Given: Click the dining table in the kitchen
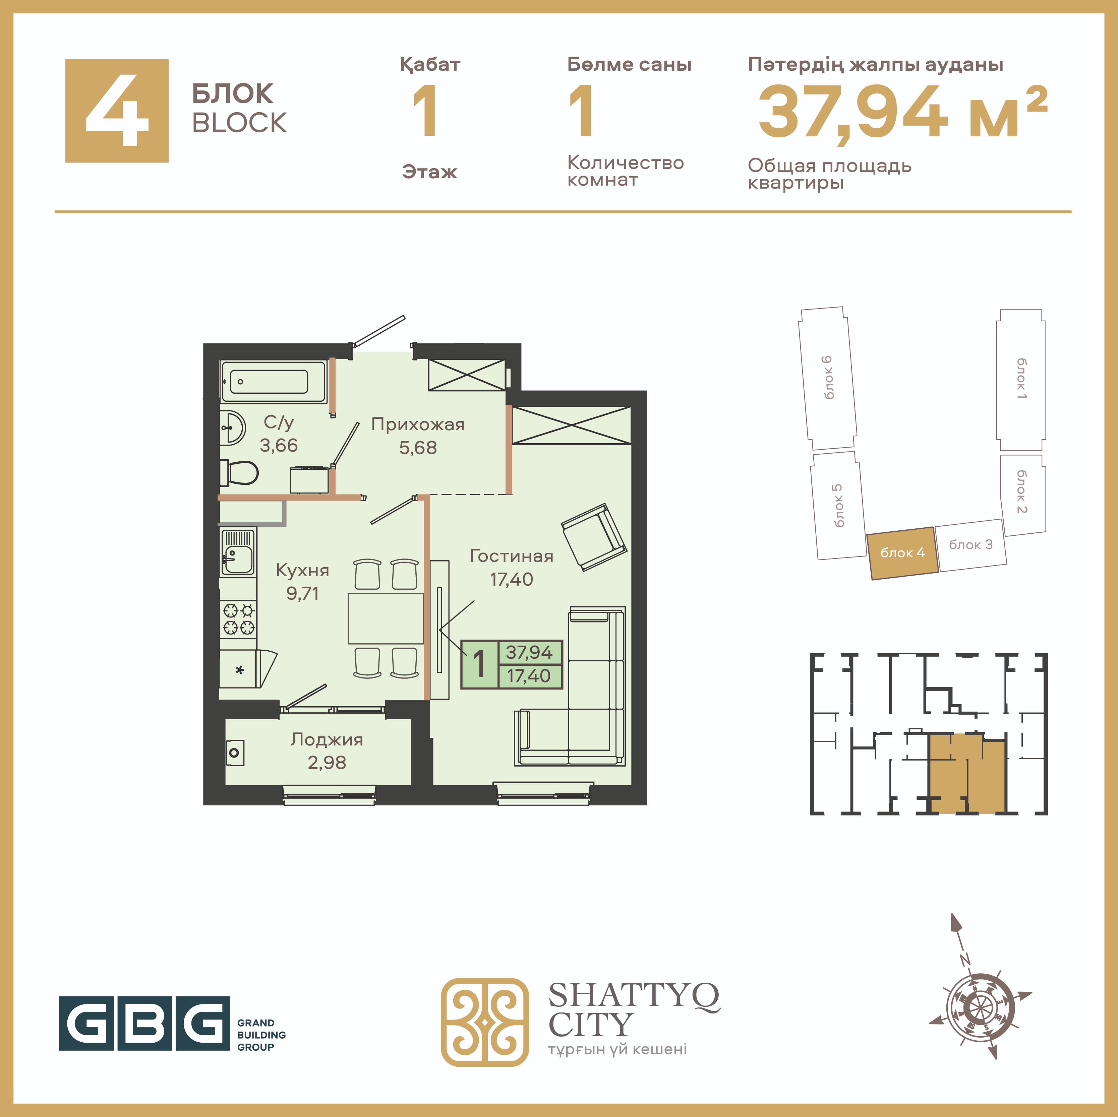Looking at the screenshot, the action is [x=386, y=618].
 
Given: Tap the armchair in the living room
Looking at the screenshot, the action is [x=594, y=536].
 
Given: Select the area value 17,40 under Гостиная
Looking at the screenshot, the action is [x=512, y=579].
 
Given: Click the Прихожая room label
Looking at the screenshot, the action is [x=418, y=424].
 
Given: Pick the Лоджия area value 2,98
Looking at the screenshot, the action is [x=327, y=763].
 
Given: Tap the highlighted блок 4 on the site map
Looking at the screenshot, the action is [x=902, y=553].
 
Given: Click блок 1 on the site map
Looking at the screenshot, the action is [x=1021, y=380].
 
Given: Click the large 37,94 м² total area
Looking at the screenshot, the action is [x=903, y=111].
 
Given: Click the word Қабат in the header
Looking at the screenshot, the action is [x=430, y=64].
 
